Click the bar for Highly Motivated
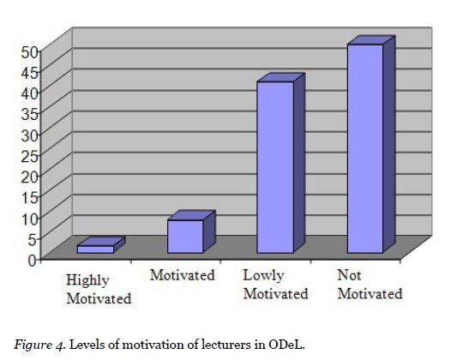coord(95,249)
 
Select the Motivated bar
coord(184,236)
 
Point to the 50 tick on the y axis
coord(29,51)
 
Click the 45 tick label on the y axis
coord(29,72)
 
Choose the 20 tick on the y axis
coord(29,176)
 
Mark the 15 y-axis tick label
coord(29,196)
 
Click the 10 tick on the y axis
coord(29,217)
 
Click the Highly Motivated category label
coord(99,290)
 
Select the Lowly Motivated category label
coord(275,285)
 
